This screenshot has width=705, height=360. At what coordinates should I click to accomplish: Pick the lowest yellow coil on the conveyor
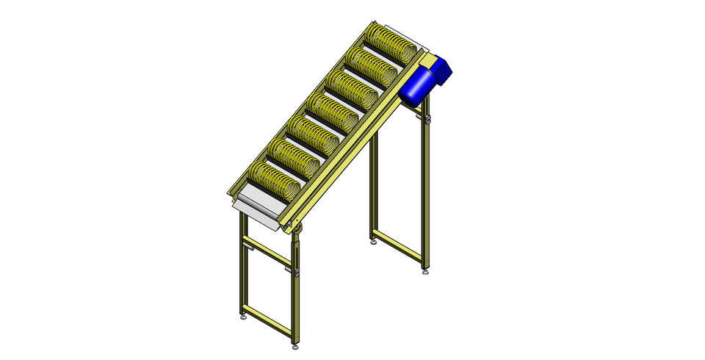274,181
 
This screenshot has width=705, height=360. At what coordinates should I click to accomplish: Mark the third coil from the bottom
310,134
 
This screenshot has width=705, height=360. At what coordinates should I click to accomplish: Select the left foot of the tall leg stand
374,241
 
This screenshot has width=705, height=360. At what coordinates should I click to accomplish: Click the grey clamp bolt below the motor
425,117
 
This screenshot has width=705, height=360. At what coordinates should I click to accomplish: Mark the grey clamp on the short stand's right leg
300,273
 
